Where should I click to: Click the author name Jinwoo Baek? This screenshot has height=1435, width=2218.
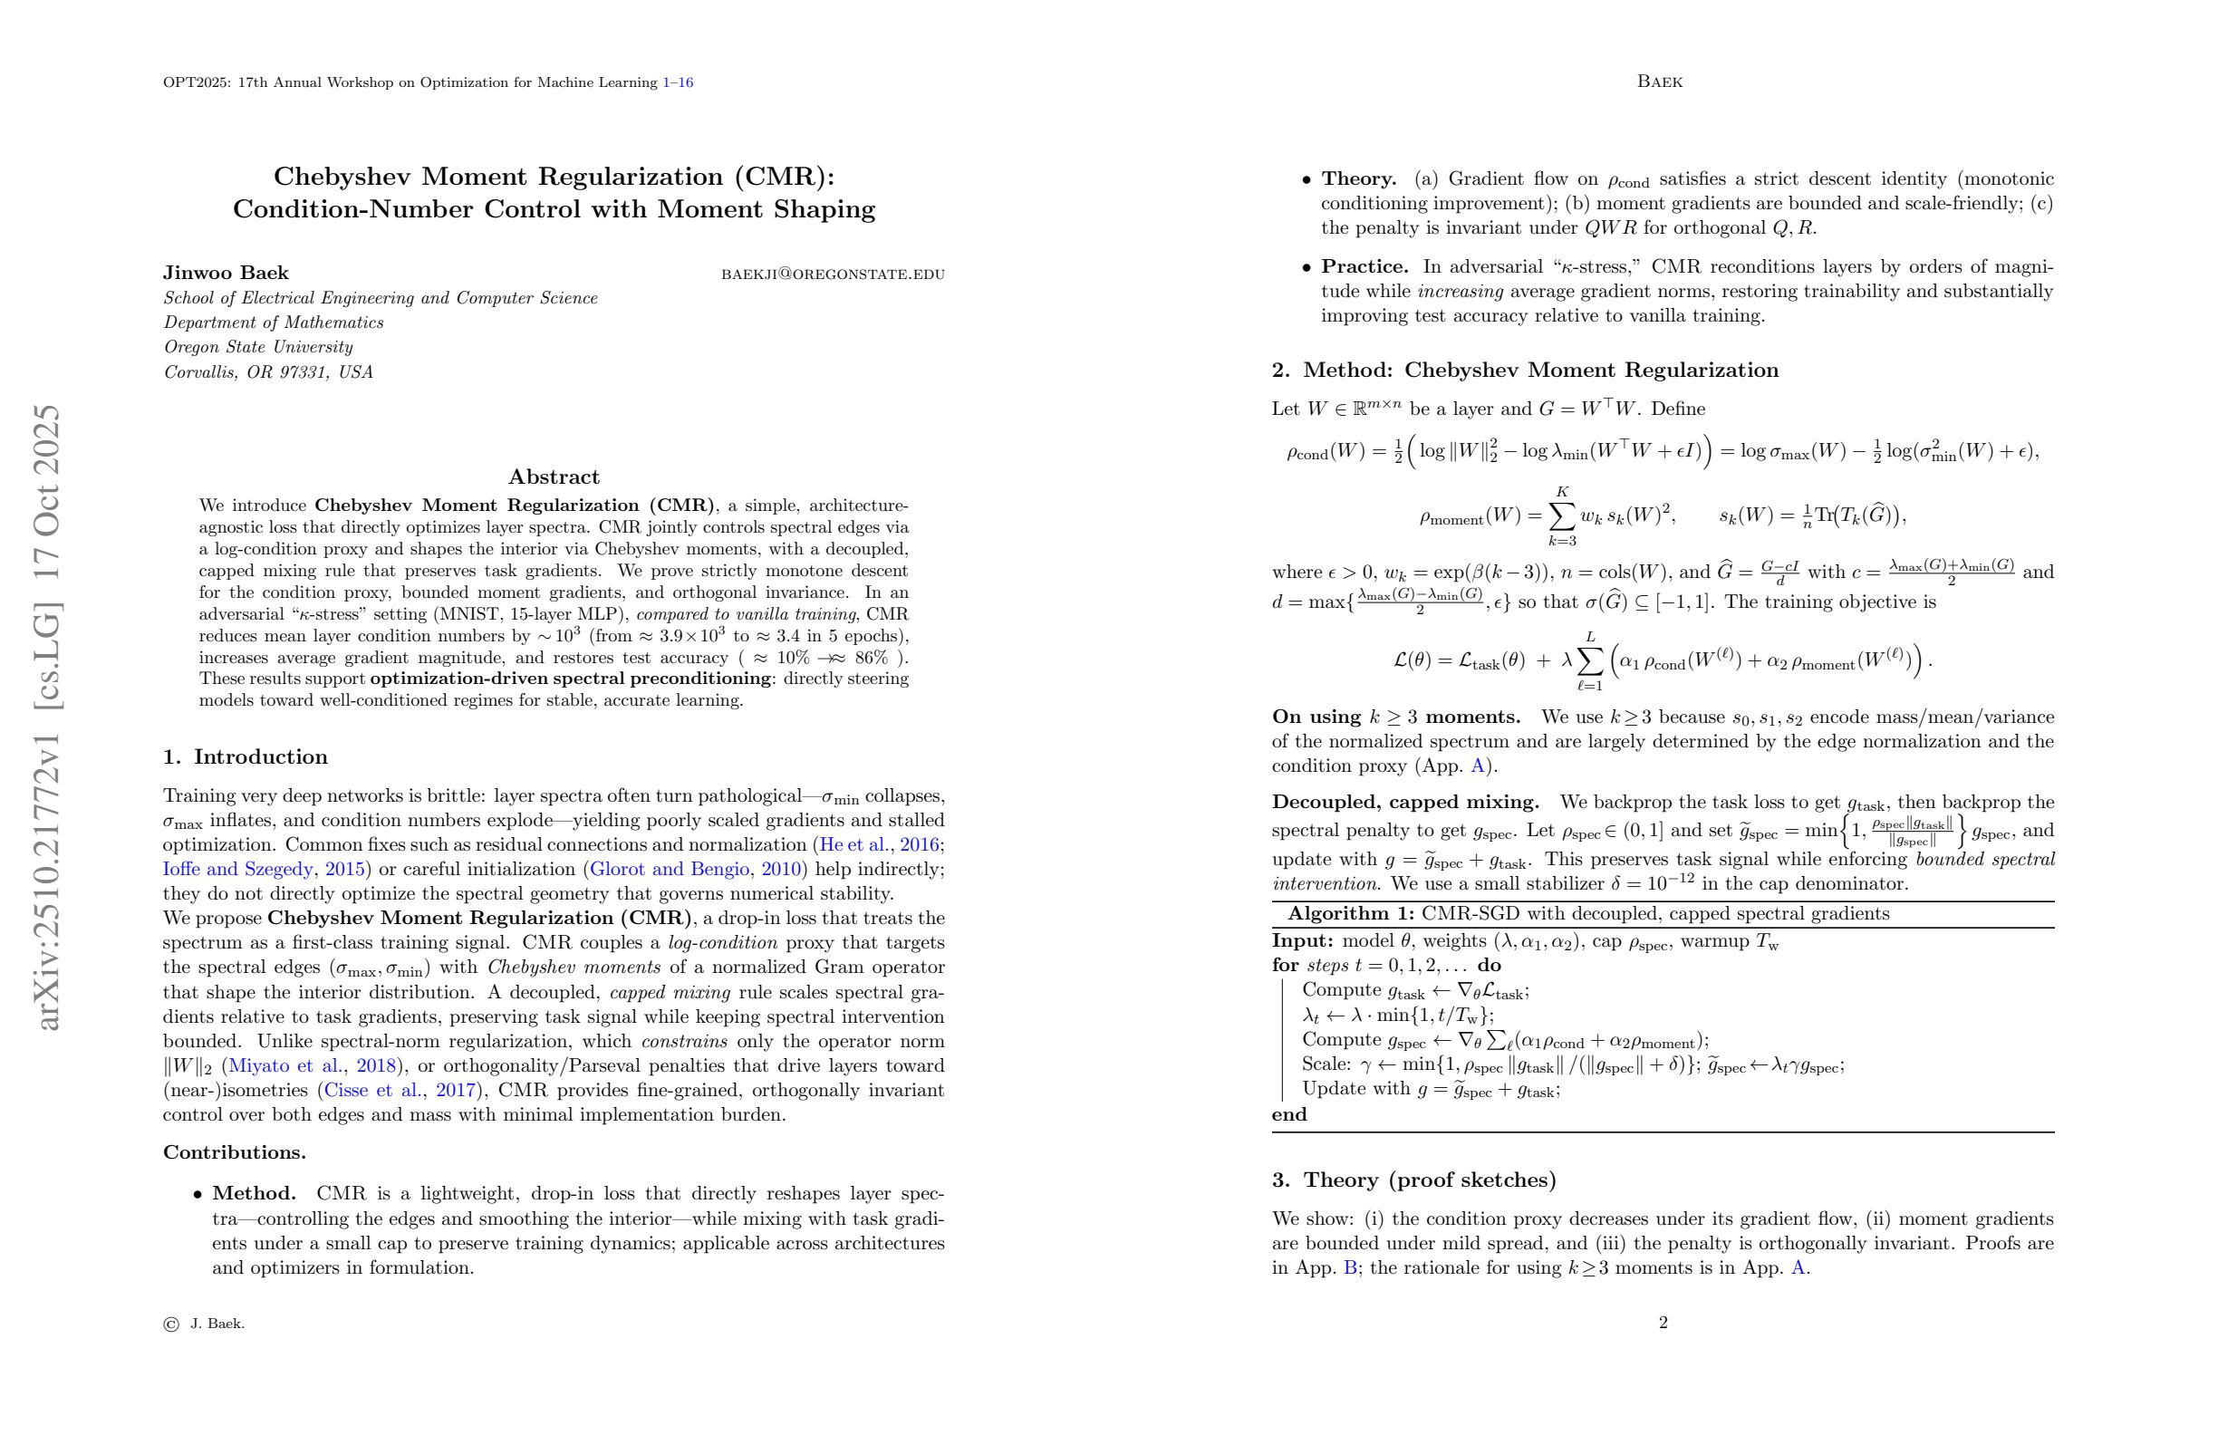(226, 273)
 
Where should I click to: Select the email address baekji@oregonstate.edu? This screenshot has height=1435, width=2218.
(833, 274)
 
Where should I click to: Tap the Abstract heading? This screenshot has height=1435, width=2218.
(554, 477)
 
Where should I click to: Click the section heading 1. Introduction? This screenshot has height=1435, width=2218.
(246, 756)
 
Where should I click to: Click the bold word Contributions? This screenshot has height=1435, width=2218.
(234, 1152)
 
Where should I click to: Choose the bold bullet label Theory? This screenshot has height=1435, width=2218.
(1358, 178)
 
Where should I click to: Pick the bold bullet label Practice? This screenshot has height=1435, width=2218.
(1365, 266)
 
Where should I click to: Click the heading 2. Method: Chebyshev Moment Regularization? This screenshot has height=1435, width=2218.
(1525, 370)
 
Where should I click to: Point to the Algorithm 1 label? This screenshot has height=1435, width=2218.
(1350, 914)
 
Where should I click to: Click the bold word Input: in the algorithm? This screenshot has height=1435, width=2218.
(1302, 941)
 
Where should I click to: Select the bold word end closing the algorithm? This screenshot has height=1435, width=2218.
(1289, 1114)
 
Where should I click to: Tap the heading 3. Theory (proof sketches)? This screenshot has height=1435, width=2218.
(1413, 1180)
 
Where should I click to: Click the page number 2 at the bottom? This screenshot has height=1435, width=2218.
(1663, 1323)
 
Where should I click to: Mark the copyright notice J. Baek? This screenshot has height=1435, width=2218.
(217, 1324)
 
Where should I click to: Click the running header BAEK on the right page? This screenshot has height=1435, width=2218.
(1659, 82)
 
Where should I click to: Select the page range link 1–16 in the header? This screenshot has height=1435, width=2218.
(678, 83)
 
